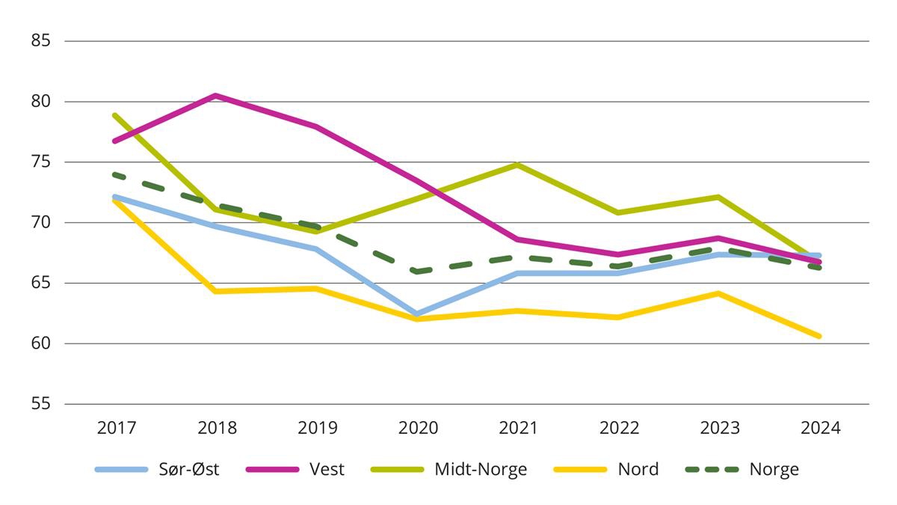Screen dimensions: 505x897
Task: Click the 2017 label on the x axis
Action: click(x=116, y=428)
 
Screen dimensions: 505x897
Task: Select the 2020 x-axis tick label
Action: click(x=418, y=428)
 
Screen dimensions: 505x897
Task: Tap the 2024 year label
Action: click(x=820, y=428)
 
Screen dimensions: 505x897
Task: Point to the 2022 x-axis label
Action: click(x=619, y=428)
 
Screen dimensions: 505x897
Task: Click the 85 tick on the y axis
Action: click(x=41, y=41)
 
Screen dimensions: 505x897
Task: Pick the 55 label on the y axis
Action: click(x=41, y=404)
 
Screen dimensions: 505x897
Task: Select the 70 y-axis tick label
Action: click(x=41, y=222)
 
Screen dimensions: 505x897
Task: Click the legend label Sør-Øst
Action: click(x=188, y=470)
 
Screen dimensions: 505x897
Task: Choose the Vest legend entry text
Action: click(x=327, y=470)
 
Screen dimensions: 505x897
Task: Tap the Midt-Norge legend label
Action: click(x=481, y=470)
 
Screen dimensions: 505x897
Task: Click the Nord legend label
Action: click(x=638, y=470)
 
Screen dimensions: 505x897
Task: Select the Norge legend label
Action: click(x=774, y=470)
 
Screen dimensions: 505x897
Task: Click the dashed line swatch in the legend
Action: click(x=712, y=470)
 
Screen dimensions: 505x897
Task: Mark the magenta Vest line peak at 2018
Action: click(x=216, y=96)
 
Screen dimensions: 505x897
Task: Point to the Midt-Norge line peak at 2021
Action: click(x=518, y=165)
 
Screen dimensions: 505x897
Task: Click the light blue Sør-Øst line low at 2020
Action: click(x=418, y=314)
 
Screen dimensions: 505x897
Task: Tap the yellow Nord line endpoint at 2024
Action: click(x=819, y=336)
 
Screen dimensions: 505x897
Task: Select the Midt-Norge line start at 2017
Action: click(x=114, y=115)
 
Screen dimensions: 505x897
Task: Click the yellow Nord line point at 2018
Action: click(x=216, y=291)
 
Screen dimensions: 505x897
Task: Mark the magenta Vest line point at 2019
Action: click(x=317, y=126)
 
